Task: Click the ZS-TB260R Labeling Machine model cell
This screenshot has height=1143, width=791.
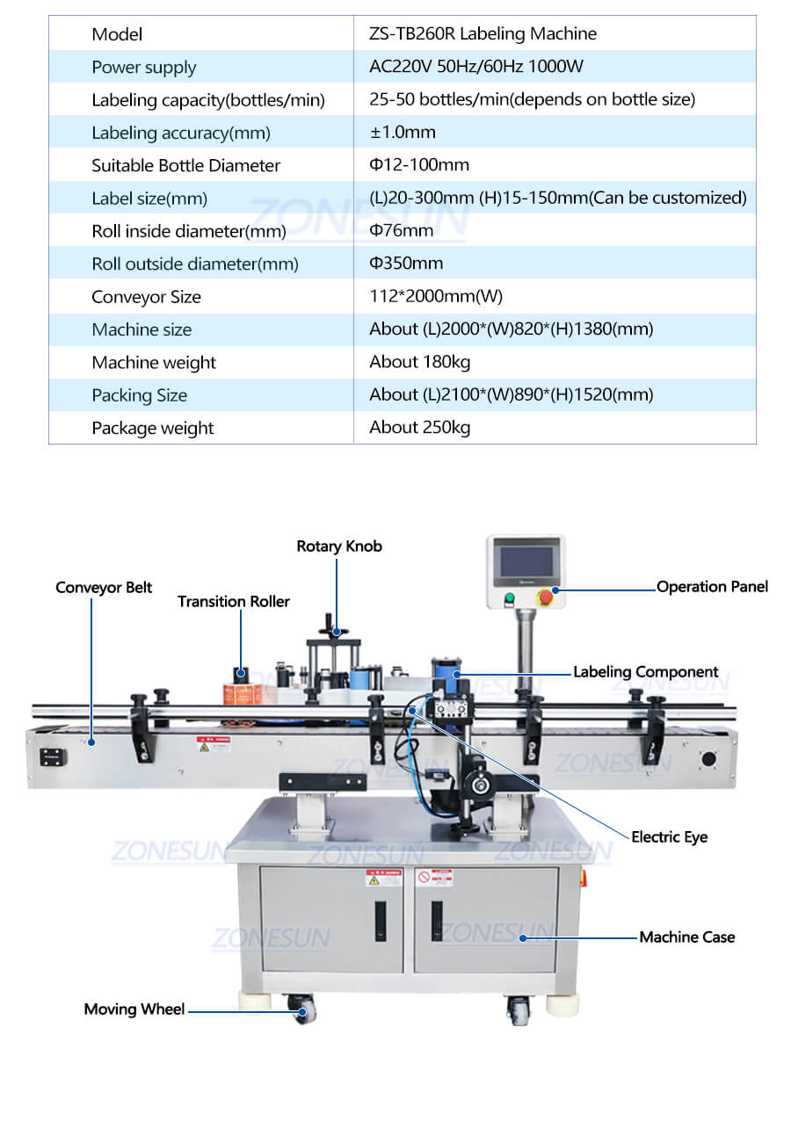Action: tap(483, 34)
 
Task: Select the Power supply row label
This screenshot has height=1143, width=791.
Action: tap(143, 68)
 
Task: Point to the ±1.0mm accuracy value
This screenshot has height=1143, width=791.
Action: tap(402, 133)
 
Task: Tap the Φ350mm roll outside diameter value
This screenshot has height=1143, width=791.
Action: tap(405, 264)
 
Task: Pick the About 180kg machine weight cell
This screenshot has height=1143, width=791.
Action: tap(419, 362)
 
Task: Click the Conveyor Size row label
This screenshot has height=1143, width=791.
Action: tap(146, 297)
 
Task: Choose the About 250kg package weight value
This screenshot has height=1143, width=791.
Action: tap(419, 428)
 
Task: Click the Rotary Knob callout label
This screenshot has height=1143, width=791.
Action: tap(339, 546)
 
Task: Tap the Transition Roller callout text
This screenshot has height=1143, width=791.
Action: tap(233, 602)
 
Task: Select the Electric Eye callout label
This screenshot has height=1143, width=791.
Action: tap(669, 837)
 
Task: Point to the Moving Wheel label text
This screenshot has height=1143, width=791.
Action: tap(134, 1009)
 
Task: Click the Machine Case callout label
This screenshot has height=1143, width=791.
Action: tap(686, 937)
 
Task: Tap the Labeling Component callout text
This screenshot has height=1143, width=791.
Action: tap(645, 672)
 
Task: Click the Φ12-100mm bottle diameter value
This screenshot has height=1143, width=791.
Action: tap(419, 165)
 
